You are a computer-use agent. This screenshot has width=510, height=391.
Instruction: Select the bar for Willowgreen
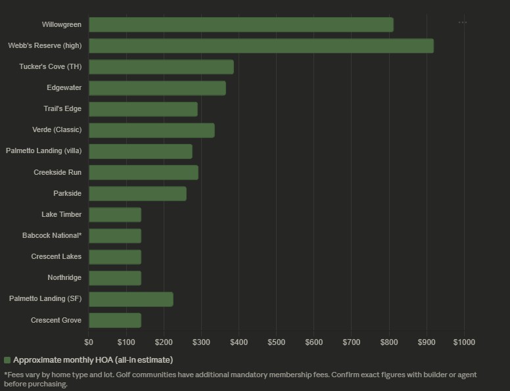point(241,25)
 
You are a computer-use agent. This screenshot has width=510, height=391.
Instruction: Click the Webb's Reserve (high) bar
point(261,46)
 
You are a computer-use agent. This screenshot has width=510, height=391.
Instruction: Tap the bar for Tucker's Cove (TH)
point(161,67)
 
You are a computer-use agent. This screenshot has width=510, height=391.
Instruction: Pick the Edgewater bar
point(157,88)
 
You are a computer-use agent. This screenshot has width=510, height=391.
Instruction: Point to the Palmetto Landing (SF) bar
point(131,299)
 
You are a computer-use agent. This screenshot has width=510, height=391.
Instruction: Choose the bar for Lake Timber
point(115,215)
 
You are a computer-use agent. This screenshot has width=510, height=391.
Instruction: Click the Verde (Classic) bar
point(151,130)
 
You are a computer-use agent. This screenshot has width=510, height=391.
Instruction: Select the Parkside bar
point(137,194)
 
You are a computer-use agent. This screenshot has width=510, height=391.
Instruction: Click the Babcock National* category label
point(52,235)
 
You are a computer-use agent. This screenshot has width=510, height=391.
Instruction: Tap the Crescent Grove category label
point(56,320)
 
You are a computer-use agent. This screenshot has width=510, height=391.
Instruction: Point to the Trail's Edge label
point(62,108)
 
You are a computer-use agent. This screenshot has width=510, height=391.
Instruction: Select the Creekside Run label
point(58,172)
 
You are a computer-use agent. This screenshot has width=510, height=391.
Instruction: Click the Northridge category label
point(64,277)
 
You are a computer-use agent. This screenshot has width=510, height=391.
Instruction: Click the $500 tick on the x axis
point(276,342)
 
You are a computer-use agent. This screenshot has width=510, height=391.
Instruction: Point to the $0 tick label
point(89,342)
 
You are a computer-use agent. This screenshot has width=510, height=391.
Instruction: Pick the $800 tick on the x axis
point(389,342)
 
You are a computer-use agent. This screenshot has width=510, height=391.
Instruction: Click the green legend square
point(7,360)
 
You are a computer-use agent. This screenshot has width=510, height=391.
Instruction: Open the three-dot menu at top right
point(463,22)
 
